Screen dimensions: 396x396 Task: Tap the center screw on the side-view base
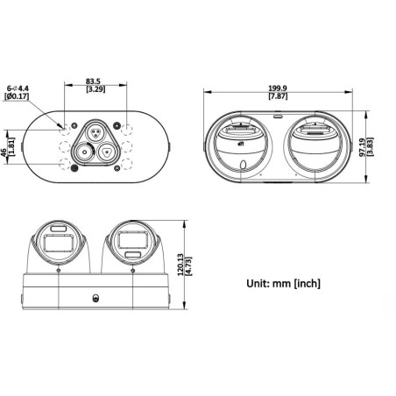tap(95, 295)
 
